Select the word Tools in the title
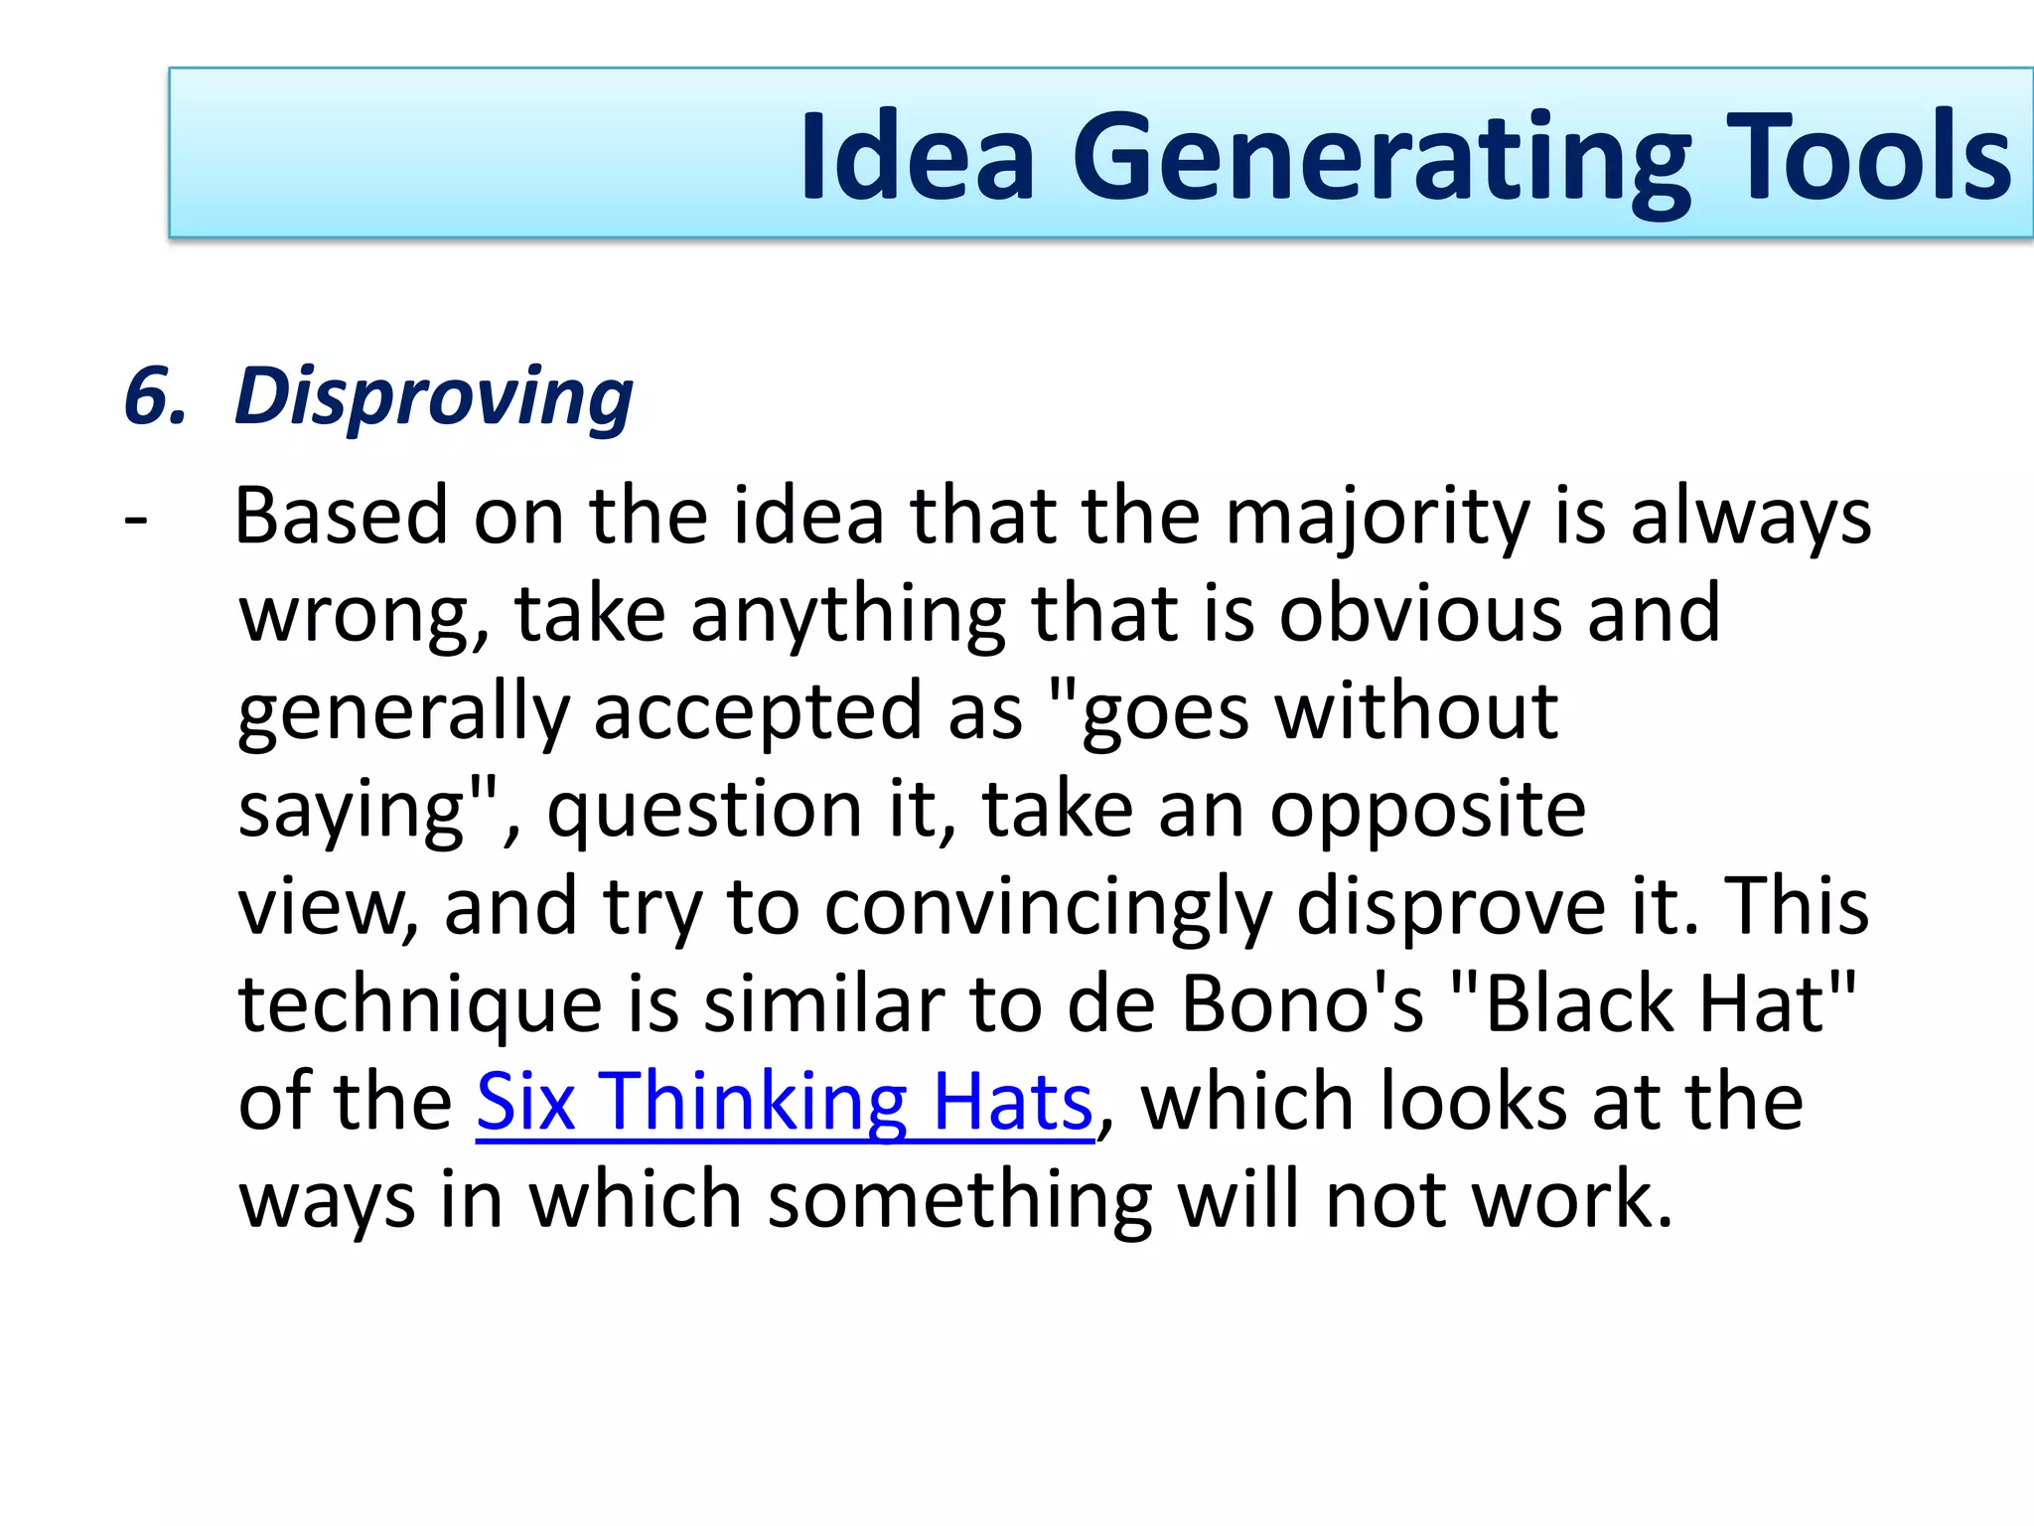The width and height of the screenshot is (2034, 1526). pos(1867,157)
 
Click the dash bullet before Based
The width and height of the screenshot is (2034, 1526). pos(136,519)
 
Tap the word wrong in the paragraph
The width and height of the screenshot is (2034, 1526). pos(363,616)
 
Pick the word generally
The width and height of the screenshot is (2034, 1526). pos(403,713)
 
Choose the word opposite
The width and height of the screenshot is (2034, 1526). pos(1427,811)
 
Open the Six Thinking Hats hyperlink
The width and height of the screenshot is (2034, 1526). pos(785,1102)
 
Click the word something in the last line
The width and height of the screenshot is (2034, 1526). pos(959,1200)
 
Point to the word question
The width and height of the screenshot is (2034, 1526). pos(704,811)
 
